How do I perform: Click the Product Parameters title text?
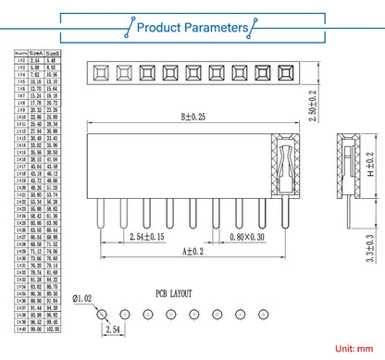point(192,28)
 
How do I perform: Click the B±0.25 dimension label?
point(194,118)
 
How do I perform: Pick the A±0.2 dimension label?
point(192,252)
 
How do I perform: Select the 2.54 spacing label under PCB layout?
point(112,329)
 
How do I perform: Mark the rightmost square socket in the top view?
point(287,72)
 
